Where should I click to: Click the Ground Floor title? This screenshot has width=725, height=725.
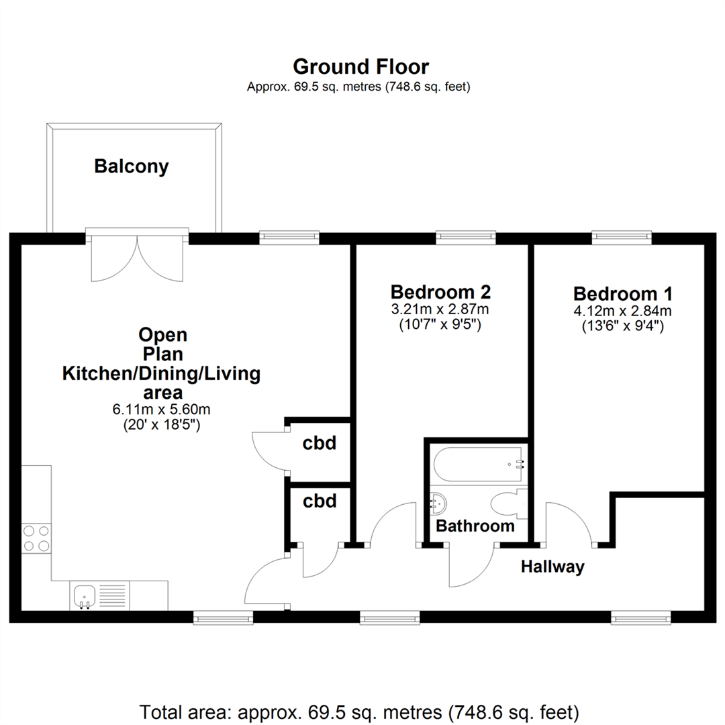point(360,67)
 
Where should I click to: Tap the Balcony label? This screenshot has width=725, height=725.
point(132,166)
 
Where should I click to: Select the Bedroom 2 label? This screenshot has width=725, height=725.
point(440,292)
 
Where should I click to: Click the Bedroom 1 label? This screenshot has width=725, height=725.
point(623,294)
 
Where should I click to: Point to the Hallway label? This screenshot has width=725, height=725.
point(552,567)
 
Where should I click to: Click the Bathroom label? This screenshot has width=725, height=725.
point(475,526)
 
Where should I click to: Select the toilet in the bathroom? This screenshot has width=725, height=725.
point(509,503)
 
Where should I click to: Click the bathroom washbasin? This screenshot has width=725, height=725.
point(438,503)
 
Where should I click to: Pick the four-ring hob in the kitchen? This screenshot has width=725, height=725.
point(36,538)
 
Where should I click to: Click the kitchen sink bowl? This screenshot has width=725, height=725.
point(84,597)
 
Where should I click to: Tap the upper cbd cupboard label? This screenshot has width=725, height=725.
point(319,443)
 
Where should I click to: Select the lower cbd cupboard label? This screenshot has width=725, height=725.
point(320,501)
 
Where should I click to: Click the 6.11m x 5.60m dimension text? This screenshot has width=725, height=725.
point(161,409)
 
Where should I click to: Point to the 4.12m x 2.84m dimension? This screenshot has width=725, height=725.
point(623,311)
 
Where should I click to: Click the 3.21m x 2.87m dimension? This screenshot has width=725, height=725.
point(440,309)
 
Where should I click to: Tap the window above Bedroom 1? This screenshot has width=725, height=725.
point(622,237)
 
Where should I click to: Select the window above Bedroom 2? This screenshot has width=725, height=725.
point(466,237)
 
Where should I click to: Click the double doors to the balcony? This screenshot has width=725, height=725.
point(138,254)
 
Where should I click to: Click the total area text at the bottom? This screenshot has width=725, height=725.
point(359,712)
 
